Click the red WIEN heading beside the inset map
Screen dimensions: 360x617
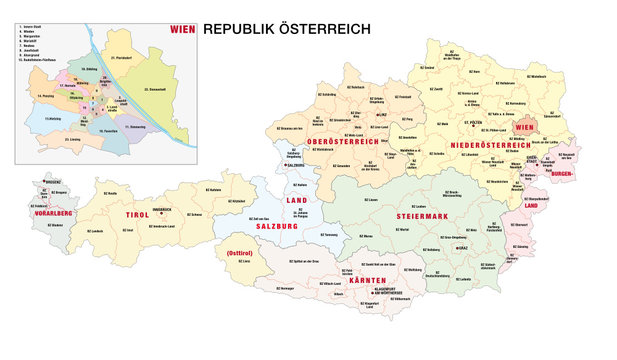coord(184,30)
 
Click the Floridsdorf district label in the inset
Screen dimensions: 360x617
coord(118,58)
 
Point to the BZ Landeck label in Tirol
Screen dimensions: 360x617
coord(94,229)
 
